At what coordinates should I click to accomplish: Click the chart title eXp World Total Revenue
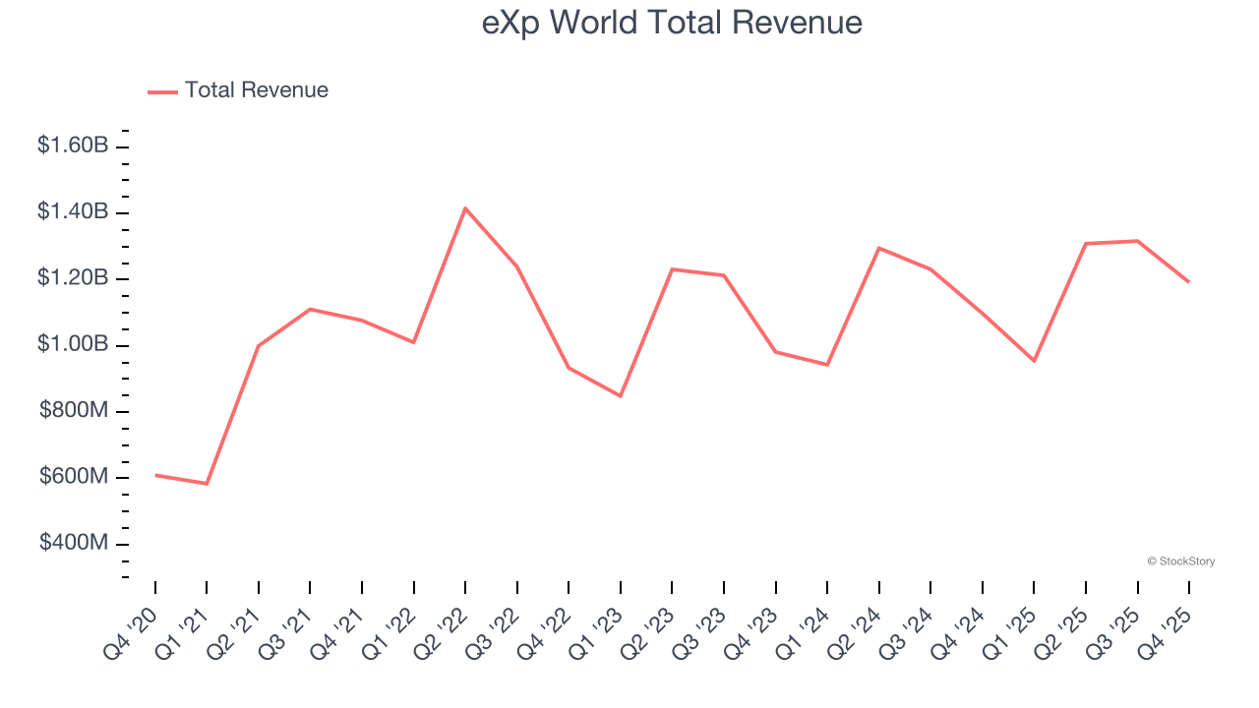pyautogui.click(x=672, y=23)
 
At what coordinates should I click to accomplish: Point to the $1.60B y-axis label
pyautogui.click(x=73, y=146)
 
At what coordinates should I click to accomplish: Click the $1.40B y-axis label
pyautogui.click(x=73, y=211)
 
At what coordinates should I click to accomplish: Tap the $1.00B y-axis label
pyautogui.click(x=73, y=344)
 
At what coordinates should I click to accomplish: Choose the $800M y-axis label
pyautogui.click(x=74, y=410)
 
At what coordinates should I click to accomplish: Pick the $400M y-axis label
pyautogui.click(x=74, y=543)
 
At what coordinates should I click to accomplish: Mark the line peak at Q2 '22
pyautogui.click(x=465, y=207)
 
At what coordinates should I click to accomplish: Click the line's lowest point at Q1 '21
pyautogui.click(x=207, y=484)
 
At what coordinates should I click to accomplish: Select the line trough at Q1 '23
pyautogui.click(x=621, y=396)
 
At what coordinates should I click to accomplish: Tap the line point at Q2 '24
pyautogui.click(x=879, y=248)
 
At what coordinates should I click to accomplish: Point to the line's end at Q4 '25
pyautogui.click(x=1189, y=282)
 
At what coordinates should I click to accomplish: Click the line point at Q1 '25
pyautogui.click(x=1034, y=361)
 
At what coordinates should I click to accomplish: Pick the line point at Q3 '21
pyautogui.click(x=310, y=309)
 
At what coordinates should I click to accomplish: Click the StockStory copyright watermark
pyautogui.click(x=1180, y=561)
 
